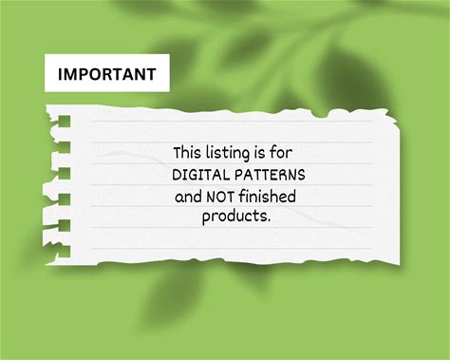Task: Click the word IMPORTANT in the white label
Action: [106, 74]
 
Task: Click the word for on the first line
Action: [281, 152]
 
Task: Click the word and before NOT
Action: [188, 197]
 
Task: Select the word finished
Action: [267, 197]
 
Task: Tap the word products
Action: [234, 217]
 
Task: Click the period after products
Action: [269, 220]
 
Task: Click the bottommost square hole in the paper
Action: [64, 251]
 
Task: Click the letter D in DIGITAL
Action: [176, 175]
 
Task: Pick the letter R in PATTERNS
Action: [282, 175]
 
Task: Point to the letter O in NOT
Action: [220, 197]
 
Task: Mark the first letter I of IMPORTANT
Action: [60, 74]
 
